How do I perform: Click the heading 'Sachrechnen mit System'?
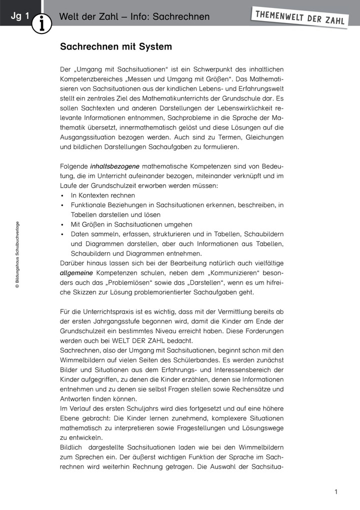click(116, 47)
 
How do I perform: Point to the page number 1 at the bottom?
click(336, 492)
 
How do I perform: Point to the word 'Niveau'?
click(186, 331)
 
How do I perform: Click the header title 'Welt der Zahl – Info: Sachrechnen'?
click(134, 17)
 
